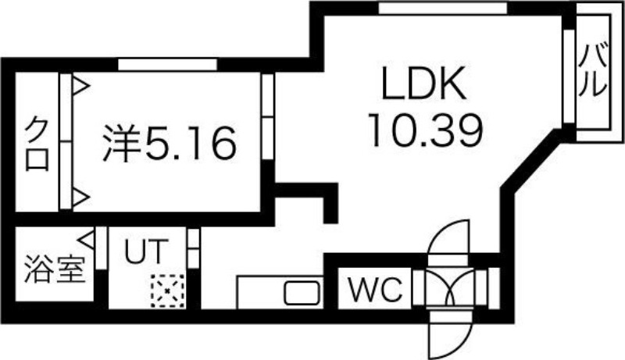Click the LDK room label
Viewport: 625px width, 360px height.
click(x=424, y=85)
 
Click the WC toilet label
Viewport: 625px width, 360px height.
click(x=375, y=290)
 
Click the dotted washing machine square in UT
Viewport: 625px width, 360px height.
click(x=166, y=291)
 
